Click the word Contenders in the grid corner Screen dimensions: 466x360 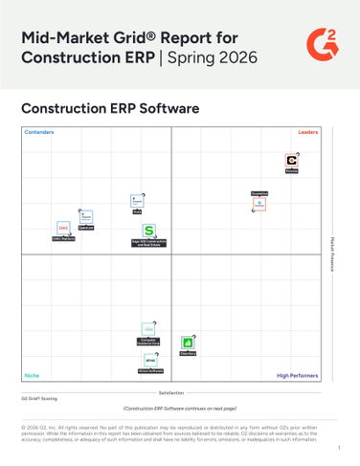[x=39, y=132]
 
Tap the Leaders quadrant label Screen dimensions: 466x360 [x=307, y=132]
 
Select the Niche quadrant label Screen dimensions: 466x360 [x=32, y=375]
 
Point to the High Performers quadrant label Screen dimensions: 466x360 [x=296, y=375]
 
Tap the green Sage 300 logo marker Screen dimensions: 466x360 [x=149, y=232]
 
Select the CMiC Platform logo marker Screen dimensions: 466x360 [x=63, y=228]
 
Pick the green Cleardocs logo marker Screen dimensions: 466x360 [x=189, y=343]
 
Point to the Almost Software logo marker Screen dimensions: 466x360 [x=150, y=360]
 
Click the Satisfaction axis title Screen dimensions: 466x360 [x=171, y=392]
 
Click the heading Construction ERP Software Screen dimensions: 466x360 [x=110, y=108]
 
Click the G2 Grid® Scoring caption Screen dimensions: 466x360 [x=40, y=397]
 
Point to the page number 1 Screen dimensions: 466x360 [x=338, y=447]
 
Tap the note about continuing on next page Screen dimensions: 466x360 [x=179, y=407]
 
